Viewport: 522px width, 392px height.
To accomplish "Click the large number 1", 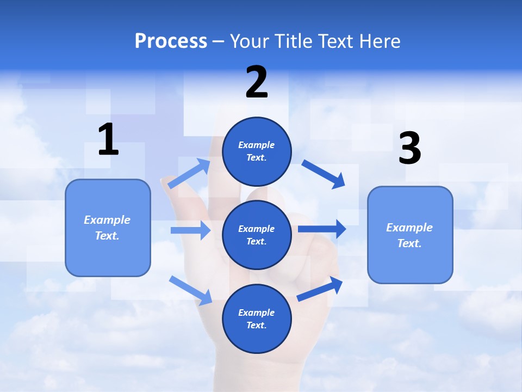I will pos(108,139).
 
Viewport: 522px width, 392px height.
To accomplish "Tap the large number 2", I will pos(257,82).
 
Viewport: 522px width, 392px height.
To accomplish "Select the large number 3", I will pos(409,148).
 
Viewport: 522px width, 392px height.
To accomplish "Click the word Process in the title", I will pos(171,41).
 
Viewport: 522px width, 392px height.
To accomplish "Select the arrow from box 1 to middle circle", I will pos(190,230).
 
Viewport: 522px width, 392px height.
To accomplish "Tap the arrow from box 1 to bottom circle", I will pos(191,290).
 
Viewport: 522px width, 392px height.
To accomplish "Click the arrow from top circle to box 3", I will pos(324,174).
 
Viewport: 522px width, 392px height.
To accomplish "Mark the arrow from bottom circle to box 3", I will pos(320,289).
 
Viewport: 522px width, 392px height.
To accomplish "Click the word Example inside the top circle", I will pos(257,145).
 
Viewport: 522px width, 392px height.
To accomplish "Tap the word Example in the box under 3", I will pos(409,228).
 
